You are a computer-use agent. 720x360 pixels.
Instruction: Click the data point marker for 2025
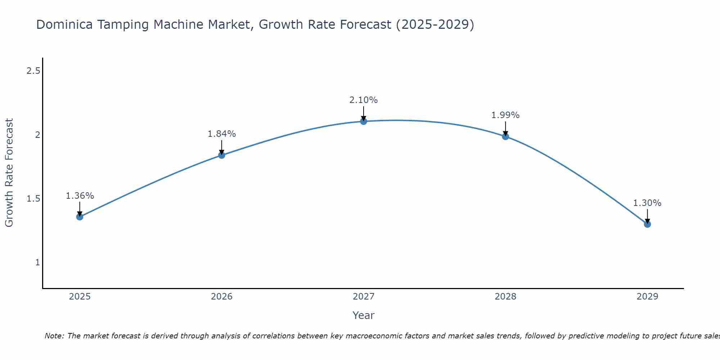(x=80, y=217)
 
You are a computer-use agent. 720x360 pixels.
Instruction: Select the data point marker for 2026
(x=222, y=155)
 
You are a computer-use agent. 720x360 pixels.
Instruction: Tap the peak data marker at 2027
(x=364, y=121)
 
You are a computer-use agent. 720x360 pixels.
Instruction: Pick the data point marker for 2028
(x=505, y=136)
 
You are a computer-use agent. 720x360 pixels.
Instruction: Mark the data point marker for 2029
(x=647, y=224)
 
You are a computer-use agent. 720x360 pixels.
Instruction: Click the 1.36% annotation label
(x=80, y=196)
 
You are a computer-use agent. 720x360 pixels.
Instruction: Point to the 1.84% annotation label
(x=222, y=134)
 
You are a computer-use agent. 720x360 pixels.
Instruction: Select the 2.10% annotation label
(x=364, y=100)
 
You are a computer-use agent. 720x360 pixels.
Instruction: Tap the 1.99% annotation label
(x=505, y=115)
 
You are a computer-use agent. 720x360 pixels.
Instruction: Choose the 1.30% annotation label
(x=647, y=203)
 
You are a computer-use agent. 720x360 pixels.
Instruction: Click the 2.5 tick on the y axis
(x=33, y=71)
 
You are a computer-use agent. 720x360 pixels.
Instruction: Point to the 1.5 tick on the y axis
(x=33, y=199)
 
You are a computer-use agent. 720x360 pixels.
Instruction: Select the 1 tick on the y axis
(x=37, y=262)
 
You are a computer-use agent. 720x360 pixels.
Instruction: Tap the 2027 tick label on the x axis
(x=364, y=297)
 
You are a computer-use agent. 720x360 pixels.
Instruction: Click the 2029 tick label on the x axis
(x=647, y=297)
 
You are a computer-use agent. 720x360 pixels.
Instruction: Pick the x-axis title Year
(x=364, y=315)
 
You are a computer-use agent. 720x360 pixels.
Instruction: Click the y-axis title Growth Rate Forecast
(x=9, y=172)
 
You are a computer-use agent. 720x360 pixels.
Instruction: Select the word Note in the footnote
(x=54, y=336)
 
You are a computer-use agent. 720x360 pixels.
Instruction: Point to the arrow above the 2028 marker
(x=505, y=128)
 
